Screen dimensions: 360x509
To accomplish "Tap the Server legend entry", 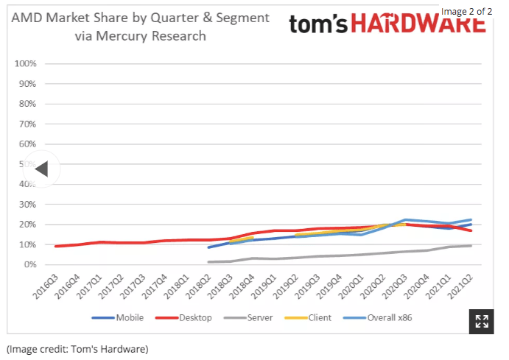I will [257, 318].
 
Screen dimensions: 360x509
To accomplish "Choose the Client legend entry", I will [315, 318].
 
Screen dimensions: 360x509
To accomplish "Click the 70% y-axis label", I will [27, 124].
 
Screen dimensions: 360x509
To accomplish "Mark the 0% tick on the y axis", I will [29, 264].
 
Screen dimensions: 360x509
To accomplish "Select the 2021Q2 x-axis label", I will [465, 286].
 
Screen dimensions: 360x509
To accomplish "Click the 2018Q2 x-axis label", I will [203, 286].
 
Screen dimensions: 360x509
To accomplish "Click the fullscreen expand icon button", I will [482, 321].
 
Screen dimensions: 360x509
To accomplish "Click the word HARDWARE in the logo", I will [418, 25].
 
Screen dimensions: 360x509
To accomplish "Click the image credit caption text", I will [77, 348].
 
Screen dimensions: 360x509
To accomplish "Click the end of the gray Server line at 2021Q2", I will [471, 245].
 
